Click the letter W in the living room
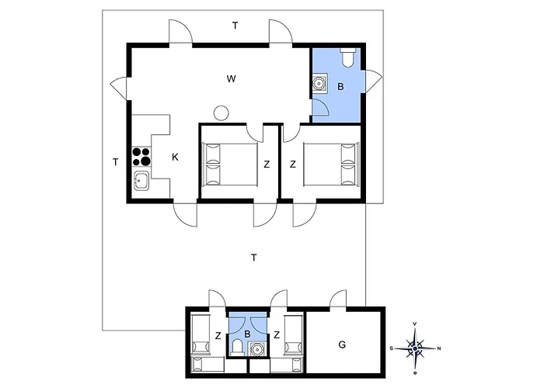coord(231,78)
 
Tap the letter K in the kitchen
coord(175,158)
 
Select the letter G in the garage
coord(341,344)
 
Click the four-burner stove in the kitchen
coord(141,157)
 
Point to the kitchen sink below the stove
coord(141,182)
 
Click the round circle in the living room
coord(221,112)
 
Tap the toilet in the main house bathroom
coord(348,57)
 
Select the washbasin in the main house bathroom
coord(319,85)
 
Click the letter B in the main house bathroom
coord(340,87)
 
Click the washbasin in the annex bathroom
coord(257,350)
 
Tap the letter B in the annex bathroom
coord(247,335)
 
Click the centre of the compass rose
coord(416,348)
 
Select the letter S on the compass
coord(393,348)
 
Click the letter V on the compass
coord(416,324)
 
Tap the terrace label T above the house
coord(235,26)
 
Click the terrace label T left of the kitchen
coord(115,162)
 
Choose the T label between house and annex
coord(253,257)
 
